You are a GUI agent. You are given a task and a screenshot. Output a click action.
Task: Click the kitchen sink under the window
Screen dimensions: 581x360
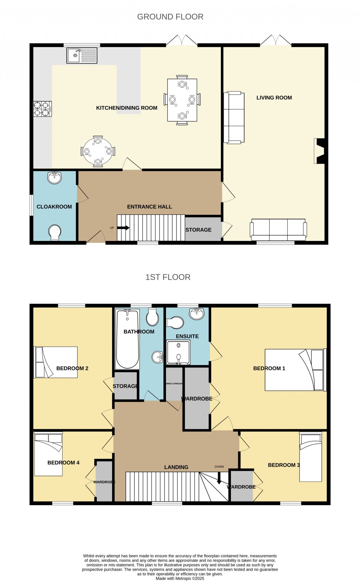82,56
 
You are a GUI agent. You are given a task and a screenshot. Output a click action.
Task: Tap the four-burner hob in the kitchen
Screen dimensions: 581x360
42,109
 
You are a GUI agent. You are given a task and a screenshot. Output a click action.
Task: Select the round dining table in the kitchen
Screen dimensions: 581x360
98,151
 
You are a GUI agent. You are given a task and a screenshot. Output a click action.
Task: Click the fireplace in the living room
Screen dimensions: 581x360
320,151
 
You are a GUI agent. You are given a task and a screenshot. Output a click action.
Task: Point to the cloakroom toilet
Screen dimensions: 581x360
55,233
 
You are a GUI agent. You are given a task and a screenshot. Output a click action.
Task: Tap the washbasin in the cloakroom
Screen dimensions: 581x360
54,178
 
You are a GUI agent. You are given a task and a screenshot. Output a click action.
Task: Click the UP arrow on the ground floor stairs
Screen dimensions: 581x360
123,228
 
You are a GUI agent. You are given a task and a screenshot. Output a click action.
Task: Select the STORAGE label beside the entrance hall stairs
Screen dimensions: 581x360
198,230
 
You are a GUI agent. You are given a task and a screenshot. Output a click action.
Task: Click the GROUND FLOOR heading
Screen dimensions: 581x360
170,17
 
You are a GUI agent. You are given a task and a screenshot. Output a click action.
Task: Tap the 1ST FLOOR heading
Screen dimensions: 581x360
168,277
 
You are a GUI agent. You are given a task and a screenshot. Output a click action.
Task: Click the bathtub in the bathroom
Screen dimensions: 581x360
127,339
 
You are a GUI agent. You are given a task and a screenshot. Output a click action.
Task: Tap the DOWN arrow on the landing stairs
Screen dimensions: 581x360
219,478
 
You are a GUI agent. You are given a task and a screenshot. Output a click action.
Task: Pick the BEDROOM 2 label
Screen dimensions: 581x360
72,368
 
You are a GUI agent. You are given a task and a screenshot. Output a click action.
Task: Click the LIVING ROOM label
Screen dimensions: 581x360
274,98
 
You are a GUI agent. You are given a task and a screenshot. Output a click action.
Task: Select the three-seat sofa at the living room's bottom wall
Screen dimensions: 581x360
278,228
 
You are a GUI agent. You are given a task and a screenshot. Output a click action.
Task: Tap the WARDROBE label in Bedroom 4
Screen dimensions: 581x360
104,482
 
